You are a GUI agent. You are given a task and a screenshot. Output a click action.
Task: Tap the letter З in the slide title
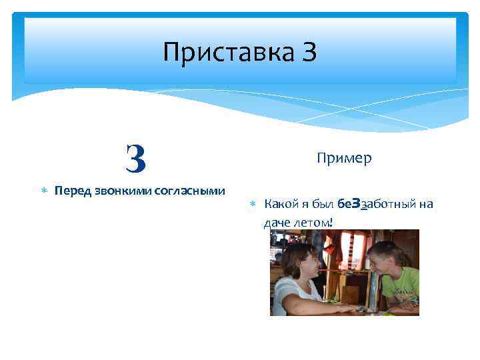coord(309,52)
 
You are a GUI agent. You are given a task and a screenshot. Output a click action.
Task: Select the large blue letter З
coord(135,157)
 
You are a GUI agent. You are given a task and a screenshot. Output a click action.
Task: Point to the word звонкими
coord(121,191)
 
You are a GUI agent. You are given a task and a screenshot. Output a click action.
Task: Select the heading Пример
coord(344,158)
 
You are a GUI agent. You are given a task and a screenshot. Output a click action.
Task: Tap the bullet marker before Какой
coord(253,204)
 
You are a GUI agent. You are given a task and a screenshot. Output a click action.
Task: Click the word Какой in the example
coord(281,204)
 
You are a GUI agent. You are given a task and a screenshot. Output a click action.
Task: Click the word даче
coord(277,222)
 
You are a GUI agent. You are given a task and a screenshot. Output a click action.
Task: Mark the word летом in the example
coord(312,222)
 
